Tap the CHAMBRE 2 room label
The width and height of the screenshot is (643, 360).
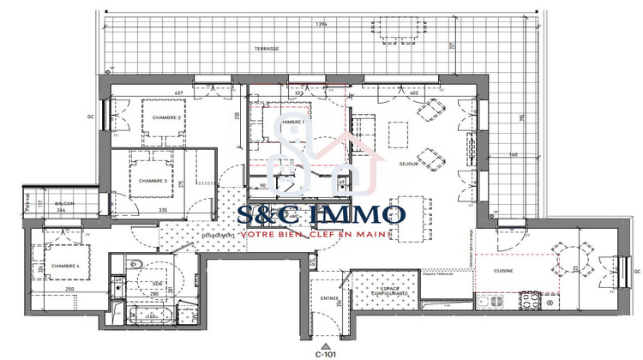[165, 117]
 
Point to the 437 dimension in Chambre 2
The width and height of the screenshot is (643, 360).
[179, 92]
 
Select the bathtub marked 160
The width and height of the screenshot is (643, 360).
[154, 315]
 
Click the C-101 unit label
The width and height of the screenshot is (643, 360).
[323, 351]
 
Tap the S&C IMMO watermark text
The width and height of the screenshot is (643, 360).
[321, 213]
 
